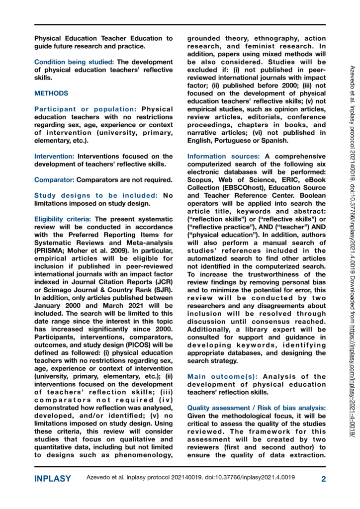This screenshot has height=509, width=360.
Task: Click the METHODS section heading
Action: [x=51, y=93]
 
